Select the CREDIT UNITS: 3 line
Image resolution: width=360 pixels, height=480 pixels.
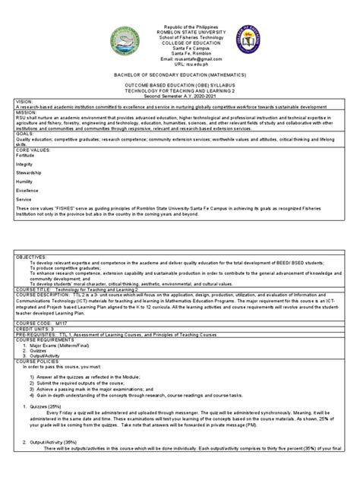[x=30, y=327]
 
